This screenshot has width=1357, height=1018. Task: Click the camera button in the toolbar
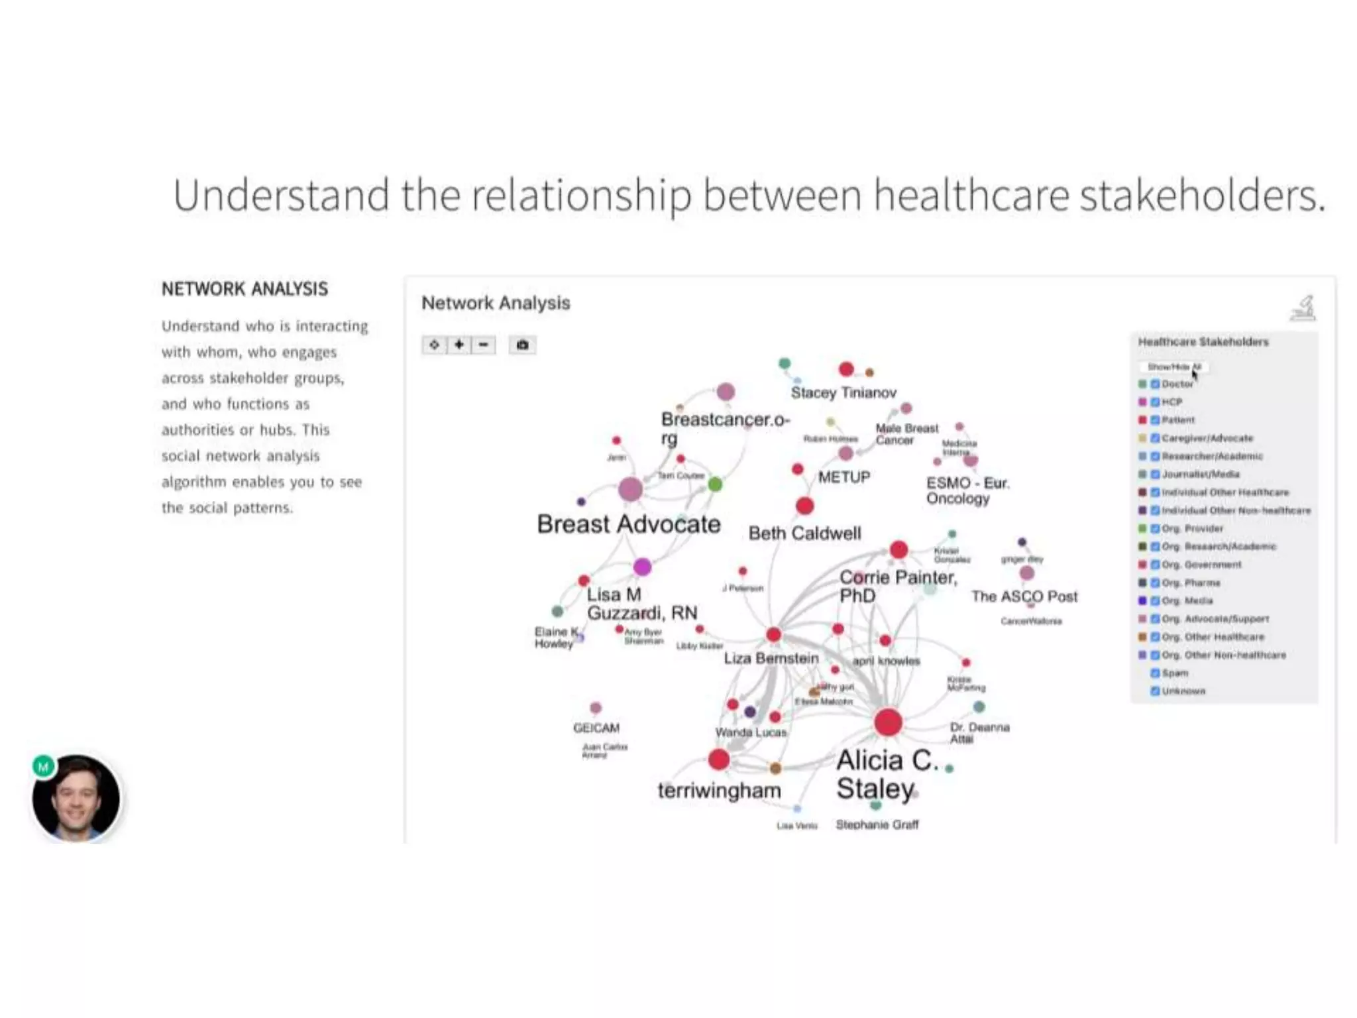coord(522,345)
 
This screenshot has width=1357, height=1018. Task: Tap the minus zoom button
coord(484,345)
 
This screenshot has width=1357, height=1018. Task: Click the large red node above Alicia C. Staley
coord(888,722)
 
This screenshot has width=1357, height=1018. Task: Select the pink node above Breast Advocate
coord(630,489)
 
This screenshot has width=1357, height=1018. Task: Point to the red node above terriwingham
coord(719,760)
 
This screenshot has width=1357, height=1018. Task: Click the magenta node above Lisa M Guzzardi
coord(642,567)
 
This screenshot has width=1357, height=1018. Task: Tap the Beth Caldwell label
coord(804,534)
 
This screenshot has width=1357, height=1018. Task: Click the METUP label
coord(843,477)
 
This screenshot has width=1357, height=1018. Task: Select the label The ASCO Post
coord(1024,596)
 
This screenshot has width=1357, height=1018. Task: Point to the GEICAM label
coord(596,728)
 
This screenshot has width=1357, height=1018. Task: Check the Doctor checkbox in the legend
coord(1155,384)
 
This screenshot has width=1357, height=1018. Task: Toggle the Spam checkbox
coord(1155,673)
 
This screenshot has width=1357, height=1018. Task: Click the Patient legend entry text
coord(1178,420)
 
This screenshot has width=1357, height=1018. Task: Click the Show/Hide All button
coord(1173,367)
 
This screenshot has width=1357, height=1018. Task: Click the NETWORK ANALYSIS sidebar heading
coord(244,289)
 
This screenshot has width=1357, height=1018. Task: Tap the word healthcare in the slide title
coord(971,196)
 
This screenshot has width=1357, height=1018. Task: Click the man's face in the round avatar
coord(77,799)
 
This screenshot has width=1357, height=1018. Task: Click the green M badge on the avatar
coord(44,767)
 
